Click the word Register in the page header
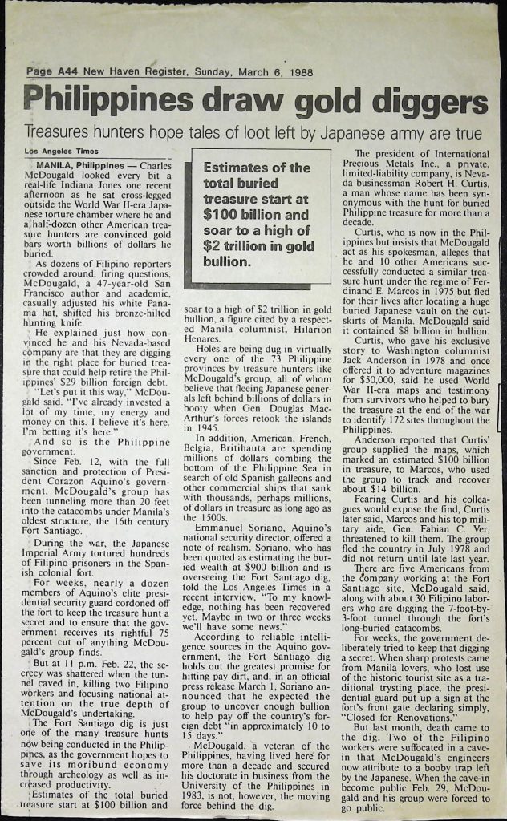point(160,72)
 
